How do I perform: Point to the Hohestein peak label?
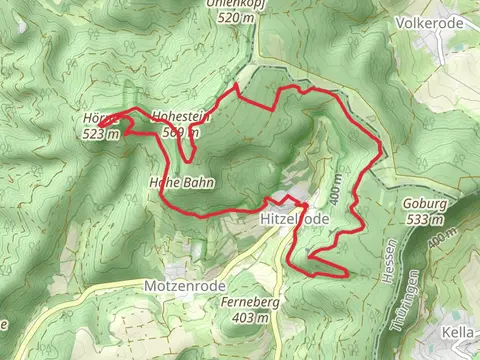point(181,117)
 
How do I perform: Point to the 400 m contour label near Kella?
point(436,240)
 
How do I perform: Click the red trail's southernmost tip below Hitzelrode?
point(343,274)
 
